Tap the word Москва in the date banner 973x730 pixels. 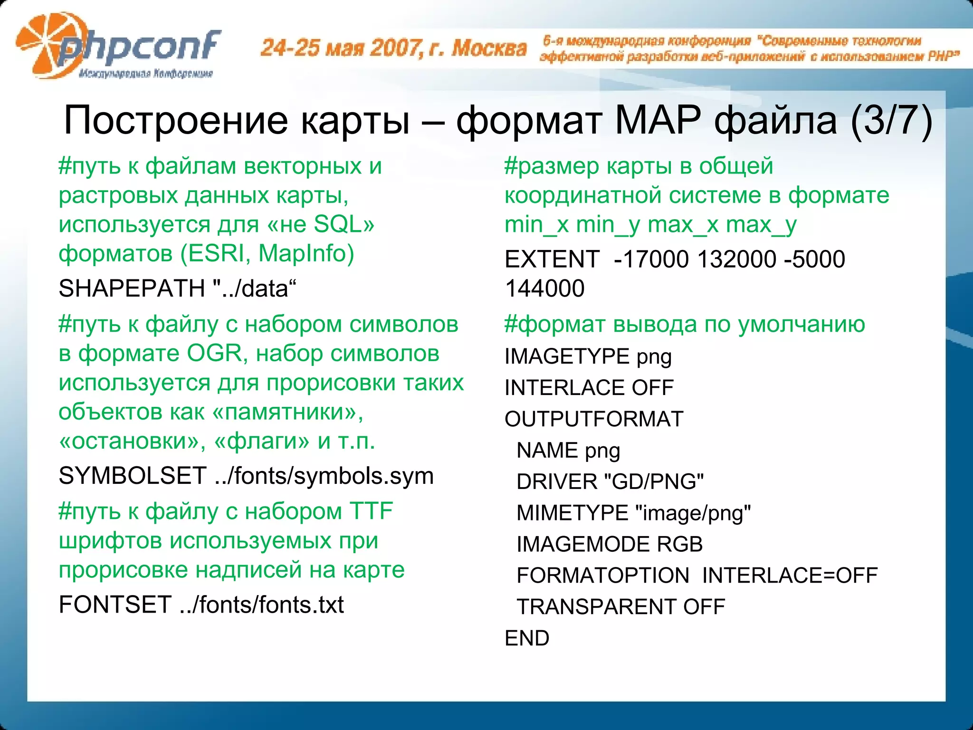click(x=489, y=48)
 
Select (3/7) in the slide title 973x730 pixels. click(x=891, y=120)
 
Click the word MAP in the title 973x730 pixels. click(x=658, y=120)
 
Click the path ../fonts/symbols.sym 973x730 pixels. click(x=324, y=476)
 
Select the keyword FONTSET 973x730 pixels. click(x=114, y=605)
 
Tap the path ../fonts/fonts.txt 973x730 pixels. click(x=262, y=605)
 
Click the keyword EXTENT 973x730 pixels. click(x=552, y=259)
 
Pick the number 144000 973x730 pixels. click(x=544, y=288)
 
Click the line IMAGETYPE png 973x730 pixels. click(x=588, y=357)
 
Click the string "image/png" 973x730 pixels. click(x=693, y=513)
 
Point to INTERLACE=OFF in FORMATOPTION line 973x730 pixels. click(x=790, y=576)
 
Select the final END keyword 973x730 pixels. click(x=526, y=638)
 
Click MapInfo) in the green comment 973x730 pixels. click(x=306, y=253)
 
